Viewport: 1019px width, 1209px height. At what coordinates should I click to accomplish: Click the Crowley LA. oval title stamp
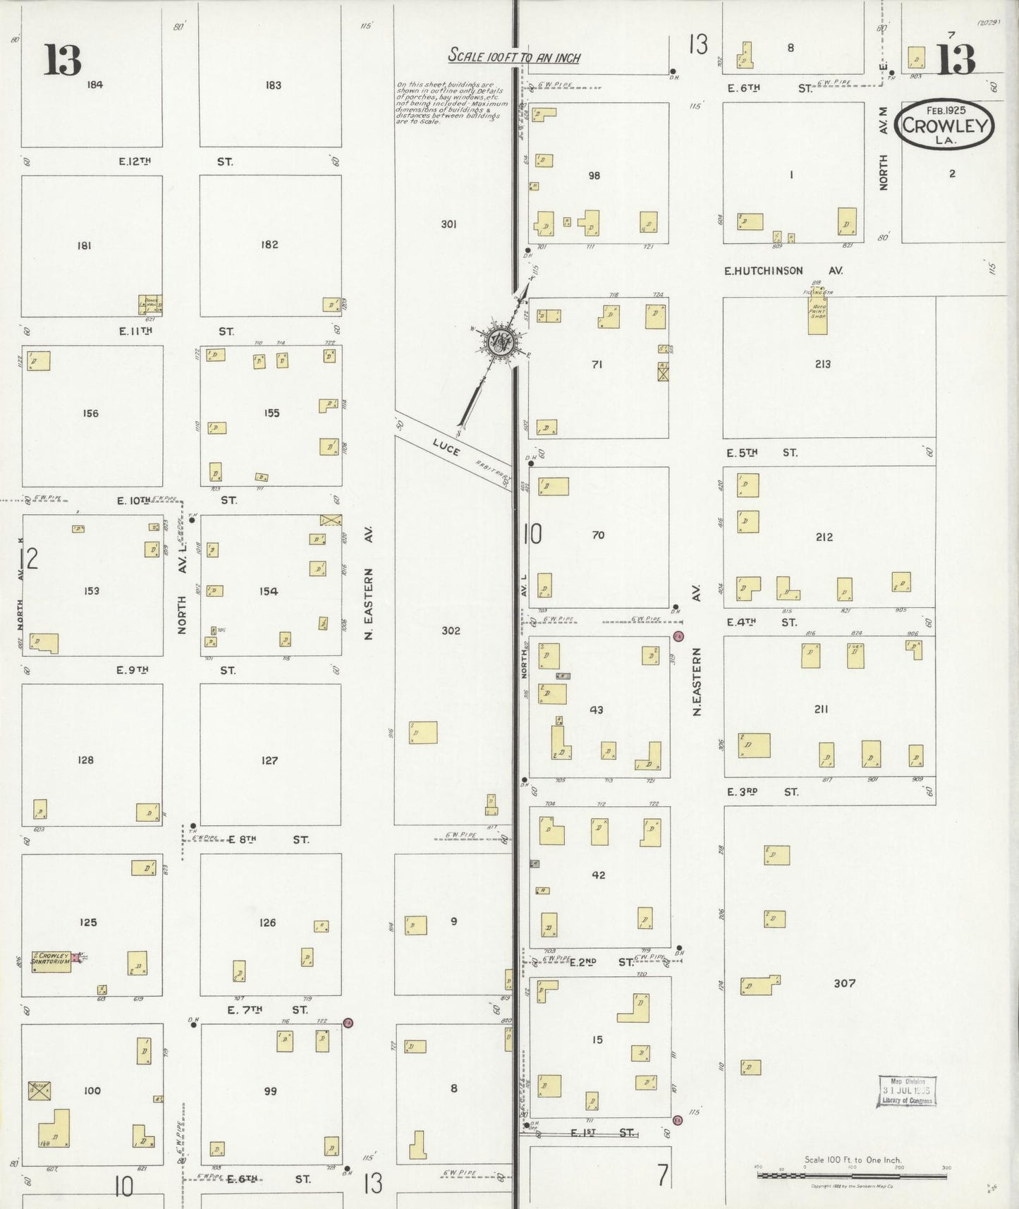tap(944, 125)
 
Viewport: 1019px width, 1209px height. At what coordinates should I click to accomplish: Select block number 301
tap(449, 224)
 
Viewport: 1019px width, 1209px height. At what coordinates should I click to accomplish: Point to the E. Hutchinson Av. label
tap(783, 271)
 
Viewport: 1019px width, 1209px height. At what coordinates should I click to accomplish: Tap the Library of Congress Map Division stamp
tap(907, 1091)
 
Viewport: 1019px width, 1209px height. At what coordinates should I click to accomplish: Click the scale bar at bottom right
tap(852, 1175)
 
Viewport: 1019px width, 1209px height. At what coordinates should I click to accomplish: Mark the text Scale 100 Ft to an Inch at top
tap(514, 57)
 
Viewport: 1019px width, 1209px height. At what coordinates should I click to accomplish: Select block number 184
tap(94, 85)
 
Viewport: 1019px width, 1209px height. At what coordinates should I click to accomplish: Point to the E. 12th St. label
tap(176, 162)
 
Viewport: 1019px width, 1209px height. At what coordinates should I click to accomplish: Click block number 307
tap(844, 983)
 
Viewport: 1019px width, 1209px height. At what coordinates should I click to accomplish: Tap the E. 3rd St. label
tap(762, 792)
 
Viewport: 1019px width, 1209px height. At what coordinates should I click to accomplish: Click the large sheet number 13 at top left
tap(62, 60)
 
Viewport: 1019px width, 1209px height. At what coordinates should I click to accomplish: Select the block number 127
tap(269, 760)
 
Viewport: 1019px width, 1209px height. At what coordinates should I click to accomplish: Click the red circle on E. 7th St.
tap(348, 1022)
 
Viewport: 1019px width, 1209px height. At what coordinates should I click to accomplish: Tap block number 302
tap(451, 631)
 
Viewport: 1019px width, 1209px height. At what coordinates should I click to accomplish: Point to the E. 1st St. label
tap(602, 1133)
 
